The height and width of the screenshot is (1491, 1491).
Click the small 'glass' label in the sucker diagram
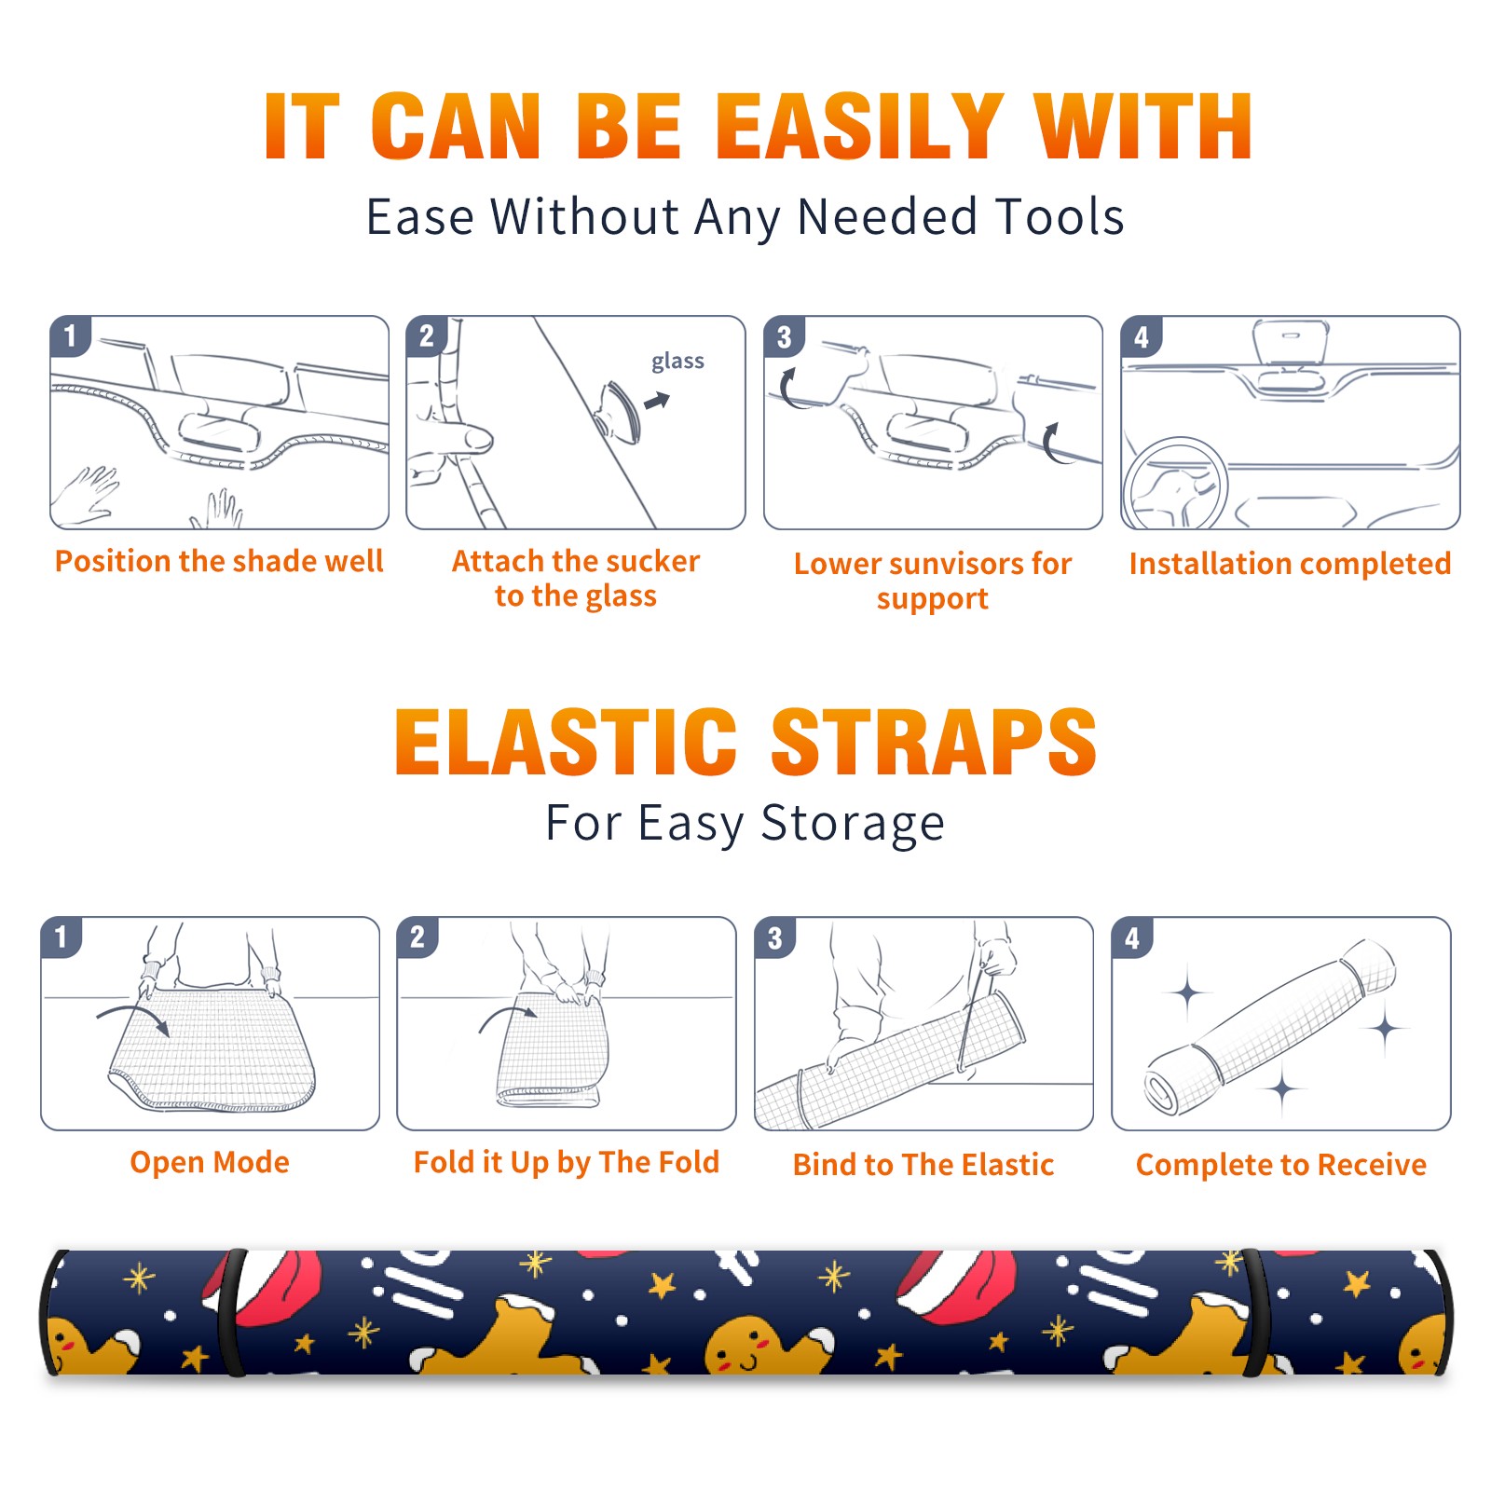point(677,362)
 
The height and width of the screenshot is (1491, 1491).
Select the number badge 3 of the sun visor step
point(784,336)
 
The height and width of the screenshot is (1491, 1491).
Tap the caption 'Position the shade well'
point(219,561)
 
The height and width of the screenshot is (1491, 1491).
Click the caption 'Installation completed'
point(1290,564)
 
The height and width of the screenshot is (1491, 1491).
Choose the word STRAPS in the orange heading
point(934,742)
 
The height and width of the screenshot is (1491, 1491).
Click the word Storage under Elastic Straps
point(853,824)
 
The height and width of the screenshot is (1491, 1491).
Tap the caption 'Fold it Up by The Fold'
point(567,1163)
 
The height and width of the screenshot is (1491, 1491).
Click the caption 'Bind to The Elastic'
point(923,1165)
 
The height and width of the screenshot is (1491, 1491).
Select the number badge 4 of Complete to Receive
point(1132,937)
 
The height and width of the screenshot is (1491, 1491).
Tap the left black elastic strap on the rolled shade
point(231,1312)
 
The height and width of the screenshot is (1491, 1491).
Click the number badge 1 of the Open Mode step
point(61,937)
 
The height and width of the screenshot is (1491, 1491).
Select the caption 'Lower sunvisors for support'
point(933,581)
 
